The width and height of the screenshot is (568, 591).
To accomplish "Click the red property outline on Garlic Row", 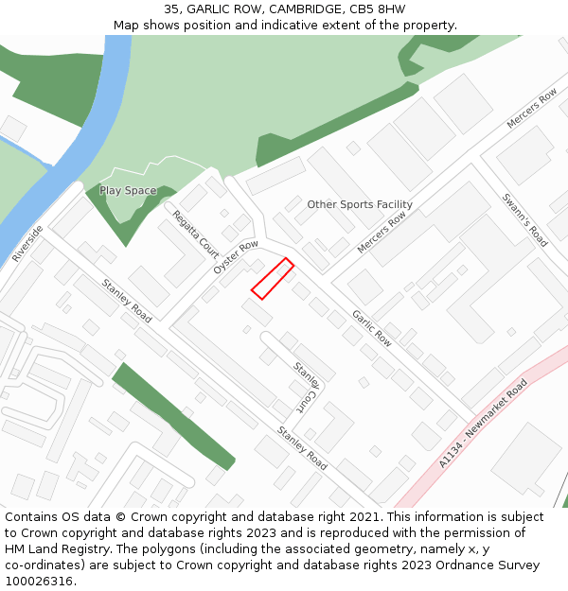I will coord(273,279).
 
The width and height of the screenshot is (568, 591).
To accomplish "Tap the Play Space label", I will coord(128,191).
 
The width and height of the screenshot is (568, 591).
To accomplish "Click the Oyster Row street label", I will coord(236,257).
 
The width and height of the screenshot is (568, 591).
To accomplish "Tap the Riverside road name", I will coord(27,244).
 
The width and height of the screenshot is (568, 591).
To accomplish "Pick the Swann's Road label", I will coord(524,220).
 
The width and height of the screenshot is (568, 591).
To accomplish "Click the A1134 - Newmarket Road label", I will coord(483,424).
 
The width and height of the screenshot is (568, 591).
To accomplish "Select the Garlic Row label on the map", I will coord(371,327).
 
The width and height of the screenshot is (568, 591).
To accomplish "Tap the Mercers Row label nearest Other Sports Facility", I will coord(382,233).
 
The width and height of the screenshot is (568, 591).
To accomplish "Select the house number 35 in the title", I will coord(171,9).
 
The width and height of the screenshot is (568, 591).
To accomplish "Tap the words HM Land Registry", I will coord(47,549).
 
